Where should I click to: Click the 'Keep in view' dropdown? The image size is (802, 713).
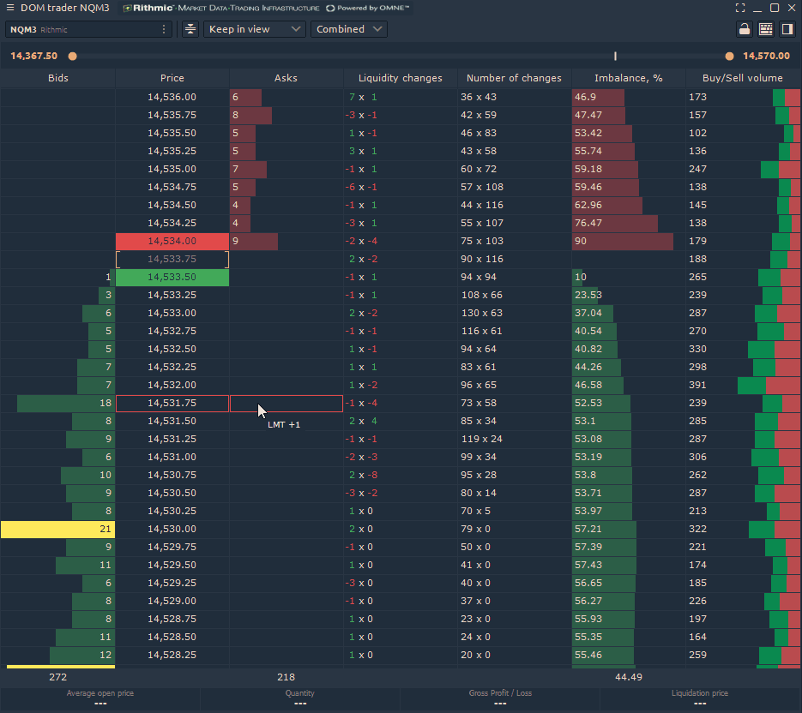254,29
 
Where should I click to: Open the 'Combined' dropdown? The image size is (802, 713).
348,29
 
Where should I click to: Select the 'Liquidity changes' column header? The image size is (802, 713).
400,78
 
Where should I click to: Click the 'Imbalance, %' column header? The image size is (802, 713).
628,78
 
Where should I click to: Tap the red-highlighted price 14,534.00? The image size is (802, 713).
172,242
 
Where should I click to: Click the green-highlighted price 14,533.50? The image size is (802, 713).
172,278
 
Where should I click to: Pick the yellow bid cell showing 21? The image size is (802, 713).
57,530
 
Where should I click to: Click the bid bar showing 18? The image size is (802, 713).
66,404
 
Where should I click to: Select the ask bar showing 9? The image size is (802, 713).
254,242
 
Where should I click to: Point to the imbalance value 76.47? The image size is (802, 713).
614,224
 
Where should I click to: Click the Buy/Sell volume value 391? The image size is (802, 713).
697,386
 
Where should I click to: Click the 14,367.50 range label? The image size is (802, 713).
34,57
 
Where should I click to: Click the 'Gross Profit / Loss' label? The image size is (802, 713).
500,693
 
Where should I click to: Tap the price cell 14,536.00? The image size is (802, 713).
172,98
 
